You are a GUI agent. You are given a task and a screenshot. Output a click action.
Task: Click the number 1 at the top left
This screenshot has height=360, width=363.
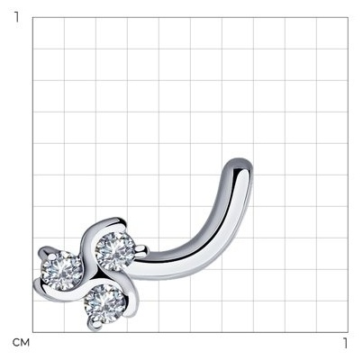(17, 17)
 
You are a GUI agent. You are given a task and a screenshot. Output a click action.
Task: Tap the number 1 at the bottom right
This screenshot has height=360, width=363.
(345, 343)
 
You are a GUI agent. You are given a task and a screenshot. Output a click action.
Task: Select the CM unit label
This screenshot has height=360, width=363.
(21, 343)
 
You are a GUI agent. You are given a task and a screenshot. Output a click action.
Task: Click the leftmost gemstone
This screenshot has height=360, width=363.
(61, 271)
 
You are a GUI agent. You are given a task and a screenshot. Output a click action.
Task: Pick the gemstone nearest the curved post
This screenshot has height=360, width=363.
(114, 251)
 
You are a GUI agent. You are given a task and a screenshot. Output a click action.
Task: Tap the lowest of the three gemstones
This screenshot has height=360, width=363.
(105, 304)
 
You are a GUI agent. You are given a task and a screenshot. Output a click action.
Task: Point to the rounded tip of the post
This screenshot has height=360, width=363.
(240, 165)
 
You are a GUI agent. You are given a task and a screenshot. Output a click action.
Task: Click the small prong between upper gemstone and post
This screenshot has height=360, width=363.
(141, 249)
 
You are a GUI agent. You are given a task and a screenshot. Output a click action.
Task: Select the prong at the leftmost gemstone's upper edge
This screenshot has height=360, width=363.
(52, 256)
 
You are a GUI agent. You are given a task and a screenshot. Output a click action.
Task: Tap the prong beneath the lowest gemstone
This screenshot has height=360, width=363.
(96, 324)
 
